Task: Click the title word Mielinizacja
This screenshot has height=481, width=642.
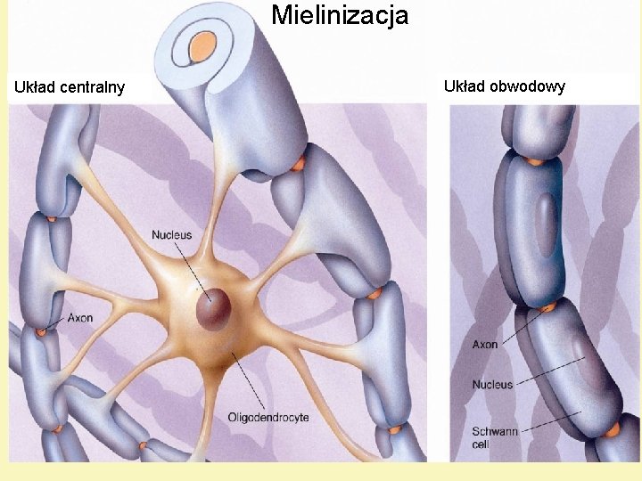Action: coord(340,15)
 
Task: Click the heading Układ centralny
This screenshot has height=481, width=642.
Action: coord(69,87)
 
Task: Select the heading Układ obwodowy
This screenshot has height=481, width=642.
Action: coord(504,86)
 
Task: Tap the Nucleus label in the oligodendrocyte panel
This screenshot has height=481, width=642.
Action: coord(171,235)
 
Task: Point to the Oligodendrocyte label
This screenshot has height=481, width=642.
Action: coord(268,417)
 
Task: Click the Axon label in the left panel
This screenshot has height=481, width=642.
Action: coord(78,317)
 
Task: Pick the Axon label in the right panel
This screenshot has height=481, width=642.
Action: coord(485,344)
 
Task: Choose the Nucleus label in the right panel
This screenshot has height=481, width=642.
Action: coord(492,385)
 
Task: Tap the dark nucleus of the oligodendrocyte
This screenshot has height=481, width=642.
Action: coord(214,310)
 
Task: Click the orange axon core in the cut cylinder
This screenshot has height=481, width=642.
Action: coord(205,43)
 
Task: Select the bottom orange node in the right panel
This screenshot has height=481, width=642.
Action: coord(612,430)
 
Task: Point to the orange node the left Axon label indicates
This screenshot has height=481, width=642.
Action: coord(41,332)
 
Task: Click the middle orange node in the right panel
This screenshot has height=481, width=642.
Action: coord(547,306)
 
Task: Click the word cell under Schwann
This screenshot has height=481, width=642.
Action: coord(482,444)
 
